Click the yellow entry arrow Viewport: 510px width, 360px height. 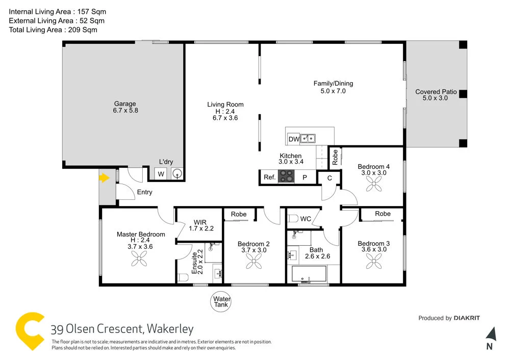pos(105,178)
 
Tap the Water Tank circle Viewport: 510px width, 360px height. pos(222,302)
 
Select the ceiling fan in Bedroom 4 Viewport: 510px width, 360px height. pos(373,184)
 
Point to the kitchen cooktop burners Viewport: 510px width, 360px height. pos(287,177)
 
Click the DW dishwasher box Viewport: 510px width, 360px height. pos(294,139)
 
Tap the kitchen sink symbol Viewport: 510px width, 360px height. pos(308,138)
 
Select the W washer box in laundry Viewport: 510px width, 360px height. pos(161,174)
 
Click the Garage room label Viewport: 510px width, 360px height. pos(125,104)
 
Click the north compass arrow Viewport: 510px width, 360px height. pos(490,334)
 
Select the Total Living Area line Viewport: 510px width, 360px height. pos(53,30)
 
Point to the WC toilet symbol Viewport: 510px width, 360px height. pos(293,219)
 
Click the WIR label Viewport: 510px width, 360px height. pos(200,222)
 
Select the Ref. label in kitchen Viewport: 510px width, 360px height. pos(270,177)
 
